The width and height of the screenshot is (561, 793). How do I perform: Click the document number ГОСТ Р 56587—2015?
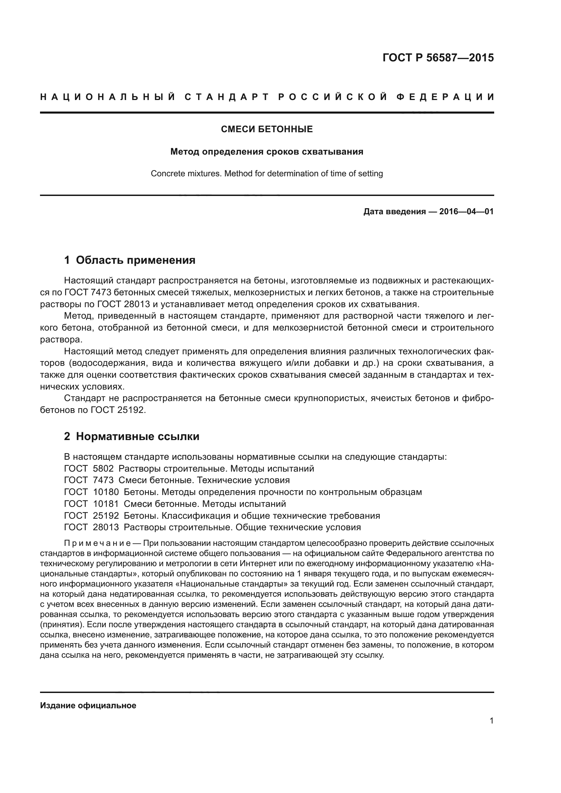(x=438, y=58)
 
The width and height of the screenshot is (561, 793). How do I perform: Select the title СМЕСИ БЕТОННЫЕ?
(x=267, y=129)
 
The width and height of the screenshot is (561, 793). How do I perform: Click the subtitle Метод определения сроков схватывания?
(x=267, y=152)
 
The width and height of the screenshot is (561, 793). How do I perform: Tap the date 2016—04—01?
(x=466, y=211)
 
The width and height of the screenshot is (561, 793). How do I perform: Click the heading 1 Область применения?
(x=130, y=260)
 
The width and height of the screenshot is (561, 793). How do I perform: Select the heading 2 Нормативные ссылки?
(x=132, y=437)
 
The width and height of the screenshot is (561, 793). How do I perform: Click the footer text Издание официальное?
(x=88, y=706)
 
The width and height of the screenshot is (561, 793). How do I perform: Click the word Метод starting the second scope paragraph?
(x=76, y=316)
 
